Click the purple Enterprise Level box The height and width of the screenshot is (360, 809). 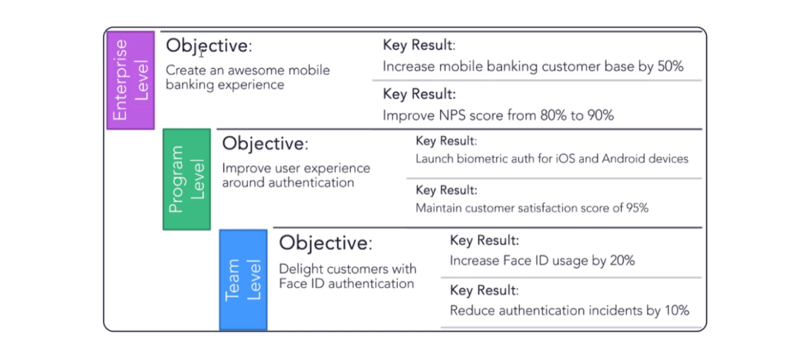point(131,80)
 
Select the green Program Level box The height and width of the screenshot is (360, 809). point(187,179)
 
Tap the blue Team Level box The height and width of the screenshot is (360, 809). point(243,280)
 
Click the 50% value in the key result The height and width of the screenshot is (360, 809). point(671,66)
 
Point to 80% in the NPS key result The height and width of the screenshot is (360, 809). point(553,116)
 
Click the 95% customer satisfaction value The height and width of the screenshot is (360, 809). point(638,208)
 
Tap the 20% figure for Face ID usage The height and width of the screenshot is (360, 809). point(622,260)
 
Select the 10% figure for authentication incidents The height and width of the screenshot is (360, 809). point(677,310)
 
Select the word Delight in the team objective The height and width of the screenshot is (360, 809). point(301,269)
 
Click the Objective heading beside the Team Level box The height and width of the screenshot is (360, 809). point(326,243)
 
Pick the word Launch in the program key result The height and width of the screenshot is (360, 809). point(435,159)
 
